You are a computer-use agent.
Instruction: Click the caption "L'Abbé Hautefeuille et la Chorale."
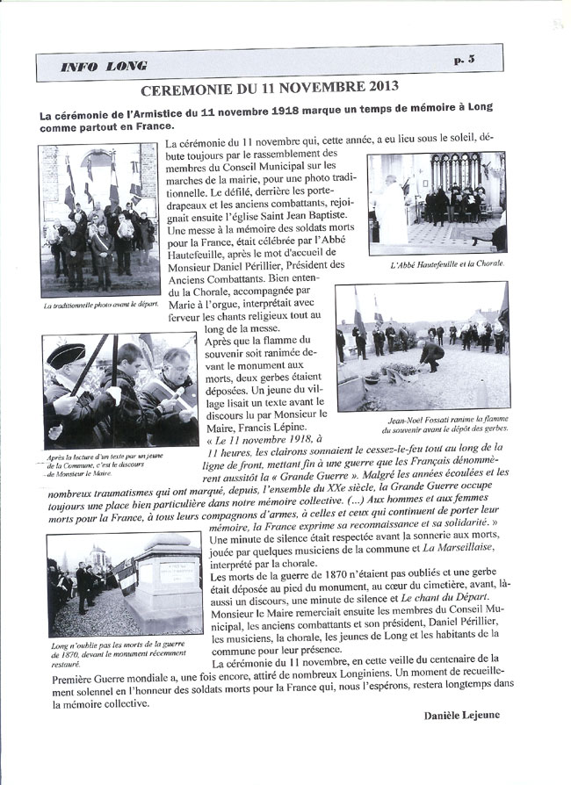[447, 263]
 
